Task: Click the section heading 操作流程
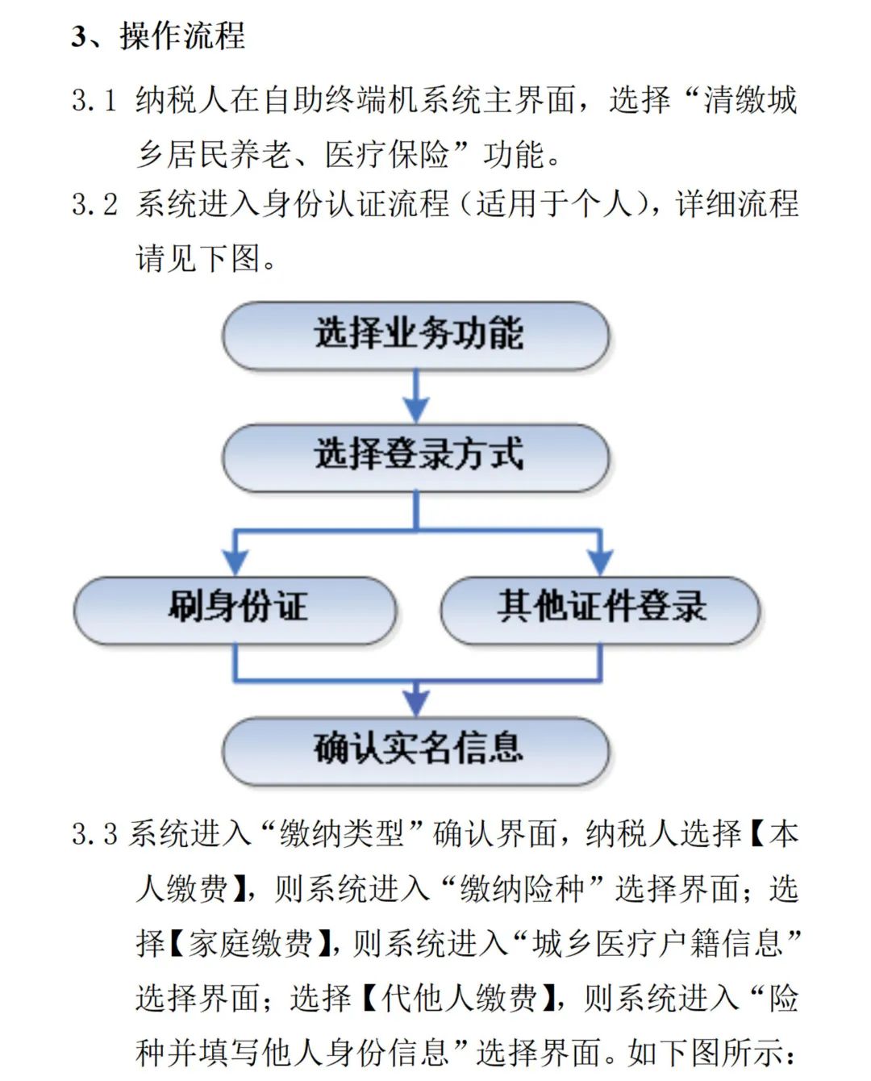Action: (182, 36)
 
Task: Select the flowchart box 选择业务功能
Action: (416, 336)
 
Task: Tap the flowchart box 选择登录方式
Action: (416, 457)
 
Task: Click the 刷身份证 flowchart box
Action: (235, 611)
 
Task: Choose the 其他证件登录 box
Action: (601, 611)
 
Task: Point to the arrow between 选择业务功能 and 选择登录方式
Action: (416, 397)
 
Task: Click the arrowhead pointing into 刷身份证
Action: (235, 562)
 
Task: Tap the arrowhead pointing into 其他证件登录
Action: (601, 562)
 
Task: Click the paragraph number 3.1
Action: (94, 100)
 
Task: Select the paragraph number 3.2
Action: (94, 204)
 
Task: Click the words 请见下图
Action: (198, 259)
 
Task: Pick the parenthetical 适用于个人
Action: (554, 204)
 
